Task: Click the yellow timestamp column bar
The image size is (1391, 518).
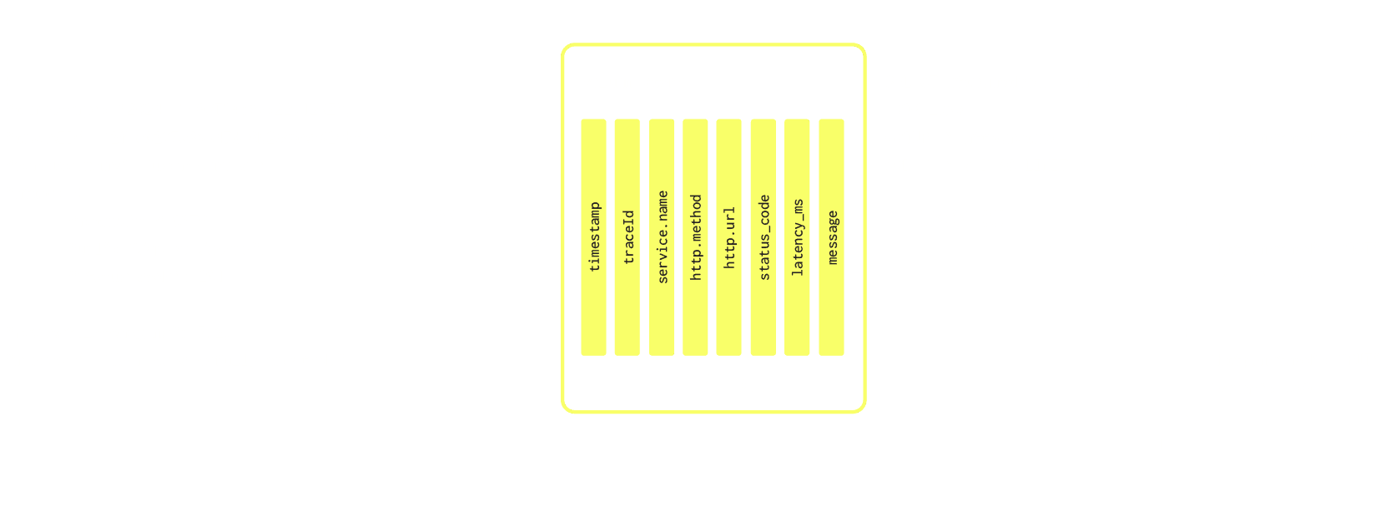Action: (594, 237)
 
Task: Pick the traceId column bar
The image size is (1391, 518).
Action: (627, 237)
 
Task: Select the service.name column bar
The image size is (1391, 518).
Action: (662, 237)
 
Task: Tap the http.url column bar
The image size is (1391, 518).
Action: (728, 237)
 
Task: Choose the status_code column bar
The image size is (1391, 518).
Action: (763, 237)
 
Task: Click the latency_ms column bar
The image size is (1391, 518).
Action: (797, 237)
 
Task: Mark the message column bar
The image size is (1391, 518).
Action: (831, 237)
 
